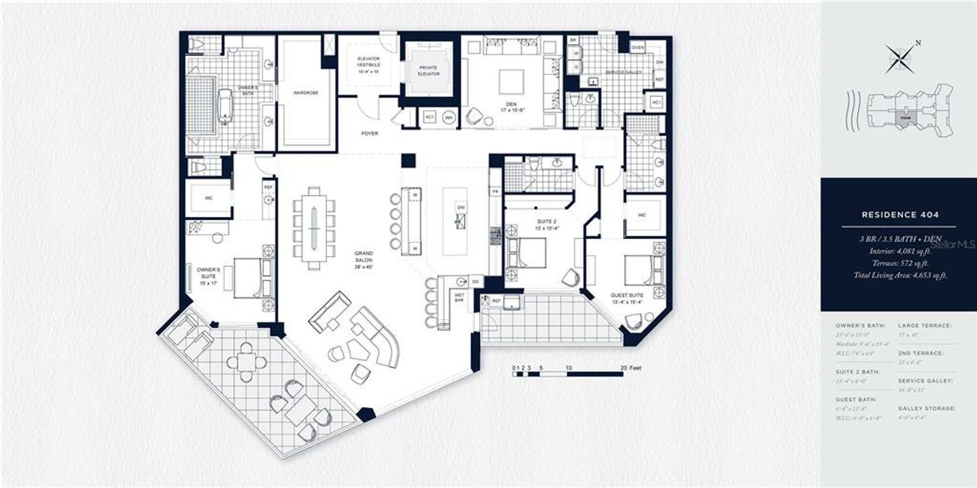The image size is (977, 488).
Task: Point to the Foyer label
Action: [x=369, y=133]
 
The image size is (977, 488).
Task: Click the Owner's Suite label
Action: [x=208, y=273]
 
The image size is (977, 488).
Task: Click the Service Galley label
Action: [x=623, y=73]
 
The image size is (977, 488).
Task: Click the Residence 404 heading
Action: [x=898, y=215]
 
